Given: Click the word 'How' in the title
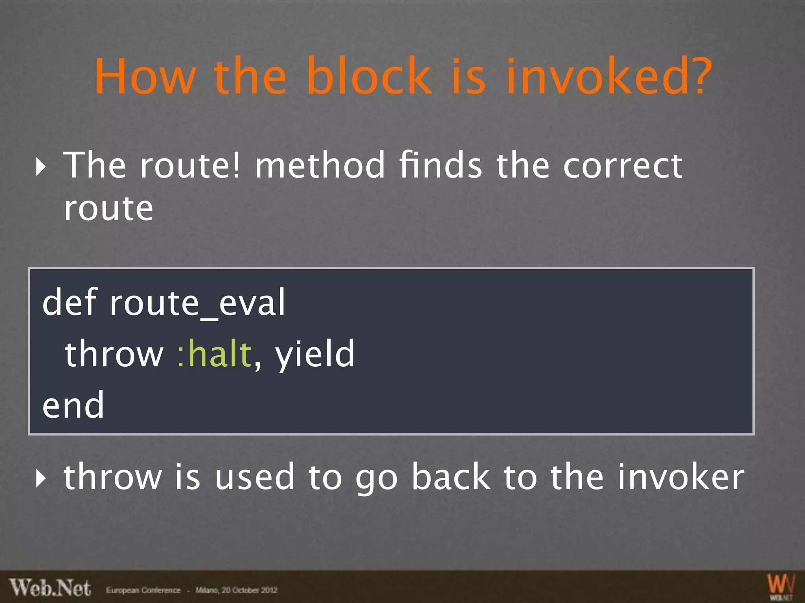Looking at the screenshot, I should (x=145, y=77).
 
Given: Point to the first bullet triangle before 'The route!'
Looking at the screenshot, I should (x=40, y=167).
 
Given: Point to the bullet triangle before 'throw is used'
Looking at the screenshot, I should (x=40, y=478).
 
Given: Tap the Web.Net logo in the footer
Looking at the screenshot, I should (x=50, y=588).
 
